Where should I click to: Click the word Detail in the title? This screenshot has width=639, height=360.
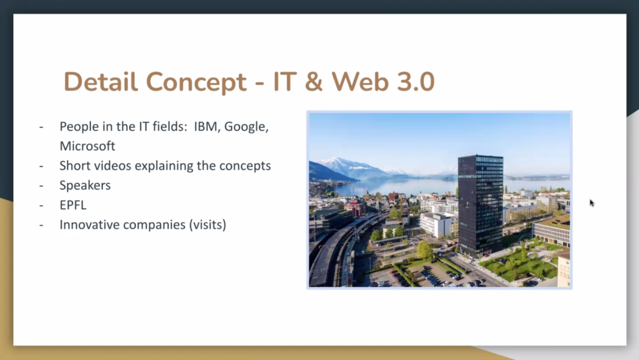point(100,82)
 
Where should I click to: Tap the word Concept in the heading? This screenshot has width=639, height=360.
point(196,83)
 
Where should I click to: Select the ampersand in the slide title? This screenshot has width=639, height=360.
point(313,82)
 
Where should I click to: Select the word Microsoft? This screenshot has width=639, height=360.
point(87,146)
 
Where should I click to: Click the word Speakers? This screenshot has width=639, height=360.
point(85,186)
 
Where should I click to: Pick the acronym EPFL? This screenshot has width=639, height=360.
point(73,205)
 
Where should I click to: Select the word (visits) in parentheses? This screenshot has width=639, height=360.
point(207,225)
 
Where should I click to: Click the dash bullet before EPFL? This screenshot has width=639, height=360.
point(41,205)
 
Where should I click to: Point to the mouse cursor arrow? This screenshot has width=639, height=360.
point(592,203)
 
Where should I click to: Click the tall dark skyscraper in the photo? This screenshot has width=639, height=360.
point(480,206)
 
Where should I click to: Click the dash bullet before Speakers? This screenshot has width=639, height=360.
point(41,186)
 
